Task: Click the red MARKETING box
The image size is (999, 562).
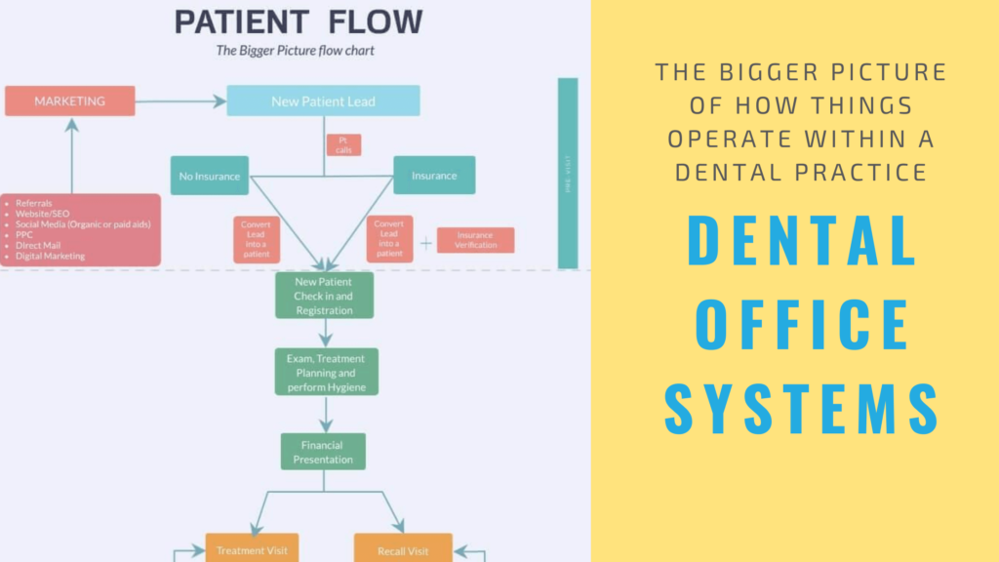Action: tap(69, 100)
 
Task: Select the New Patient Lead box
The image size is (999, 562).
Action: tap(323, 100)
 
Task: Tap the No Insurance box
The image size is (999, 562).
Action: tap(209, 176)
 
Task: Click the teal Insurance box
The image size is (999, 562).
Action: tap(434, 176)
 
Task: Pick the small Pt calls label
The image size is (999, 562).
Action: tap(343, 145)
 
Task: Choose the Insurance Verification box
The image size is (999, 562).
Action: tap(475, 240)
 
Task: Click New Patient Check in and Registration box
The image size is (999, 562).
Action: tap(324, 296)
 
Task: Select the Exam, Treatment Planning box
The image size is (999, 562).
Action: tap(326, 373)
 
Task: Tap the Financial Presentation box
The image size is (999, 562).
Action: tap(323, 452)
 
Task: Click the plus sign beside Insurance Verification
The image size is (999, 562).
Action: tap(425, 241)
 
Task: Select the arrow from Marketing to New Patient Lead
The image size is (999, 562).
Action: tap(180, 100)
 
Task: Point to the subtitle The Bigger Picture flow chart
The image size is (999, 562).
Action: tap(297, 50)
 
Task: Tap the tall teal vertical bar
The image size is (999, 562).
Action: tap(568, 173)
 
